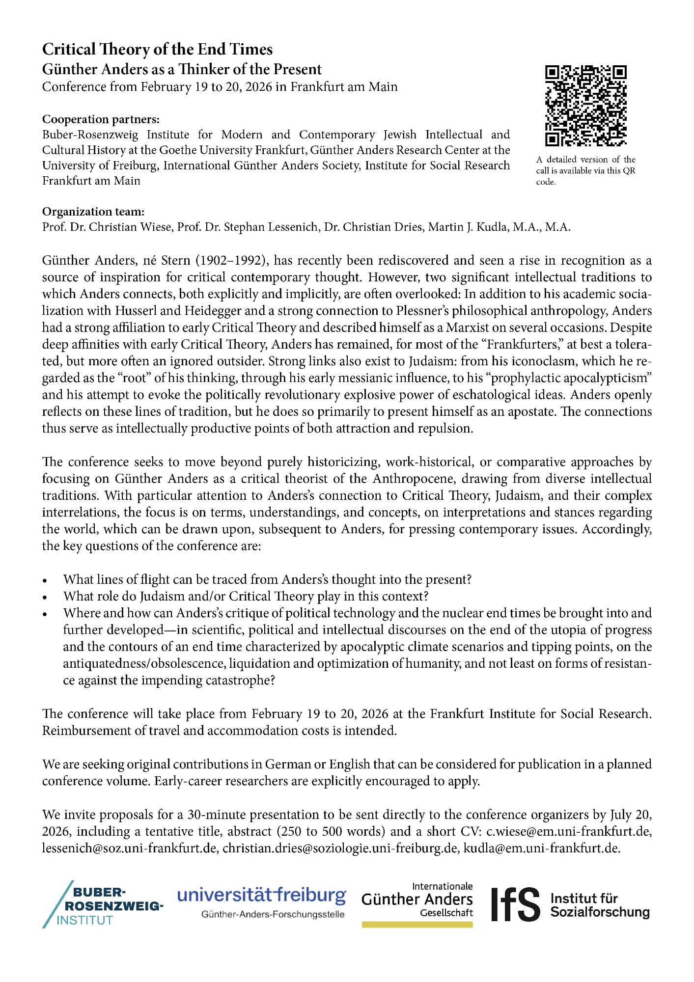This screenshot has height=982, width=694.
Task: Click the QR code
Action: point(585,106)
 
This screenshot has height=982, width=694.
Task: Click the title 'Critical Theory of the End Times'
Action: point(157,49)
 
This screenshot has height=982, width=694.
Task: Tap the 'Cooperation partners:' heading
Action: point(101,119)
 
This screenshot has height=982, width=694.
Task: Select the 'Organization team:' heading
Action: point(93,212)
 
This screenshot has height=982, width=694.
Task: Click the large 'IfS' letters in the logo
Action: point(516,904)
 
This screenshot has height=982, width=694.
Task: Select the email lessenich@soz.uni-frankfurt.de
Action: point(130,848)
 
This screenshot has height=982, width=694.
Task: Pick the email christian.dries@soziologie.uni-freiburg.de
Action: point(340,848)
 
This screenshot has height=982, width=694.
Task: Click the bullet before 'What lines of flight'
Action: point(45,580)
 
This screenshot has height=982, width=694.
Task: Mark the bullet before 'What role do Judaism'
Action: point(45,597)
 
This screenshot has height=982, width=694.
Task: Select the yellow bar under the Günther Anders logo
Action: point(417,924)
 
